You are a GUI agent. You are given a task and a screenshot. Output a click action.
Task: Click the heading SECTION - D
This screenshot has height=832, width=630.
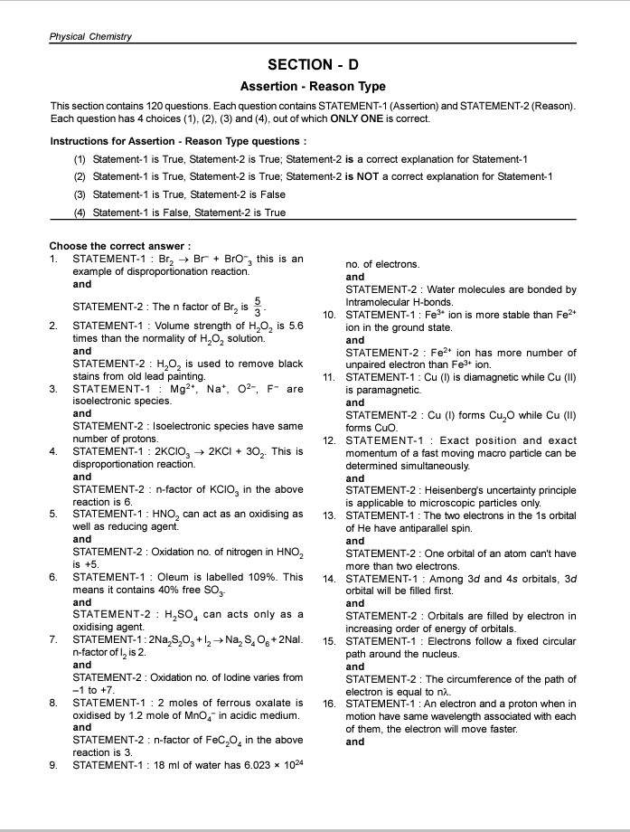coord(313,65)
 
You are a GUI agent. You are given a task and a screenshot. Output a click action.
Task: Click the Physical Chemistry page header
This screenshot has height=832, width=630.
coord(90,36)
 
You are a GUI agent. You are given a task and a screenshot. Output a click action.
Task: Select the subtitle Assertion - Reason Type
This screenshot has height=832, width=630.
coord(313,87)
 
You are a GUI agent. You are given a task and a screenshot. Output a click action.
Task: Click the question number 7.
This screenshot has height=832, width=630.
coord(53,640)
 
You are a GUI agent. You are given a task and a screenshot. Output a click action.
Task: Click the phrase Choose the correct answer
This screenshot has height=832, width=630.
coord(119,246)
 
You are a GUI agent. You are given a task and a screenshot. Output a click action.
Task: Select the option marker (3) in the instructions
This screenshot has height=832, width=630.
coord(80,194)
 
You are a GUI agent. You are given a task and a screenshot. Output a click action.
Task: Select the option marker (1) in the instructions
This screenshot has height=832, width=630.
coord(80,159)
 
